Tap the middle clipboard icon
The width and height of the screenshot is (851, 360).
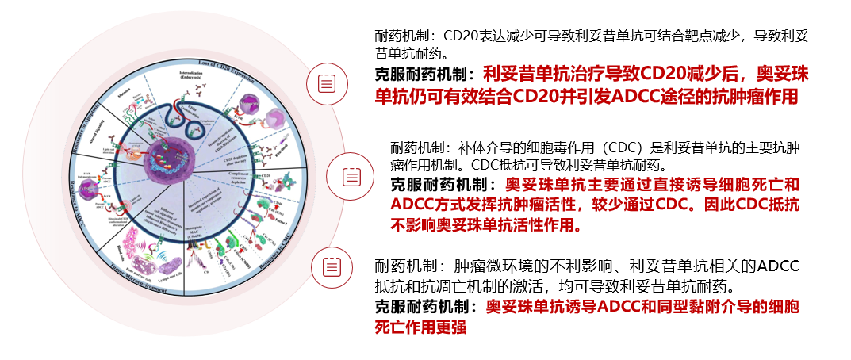351,175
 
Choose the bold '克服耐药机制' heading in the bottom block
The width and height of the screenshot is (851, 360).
423,306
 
